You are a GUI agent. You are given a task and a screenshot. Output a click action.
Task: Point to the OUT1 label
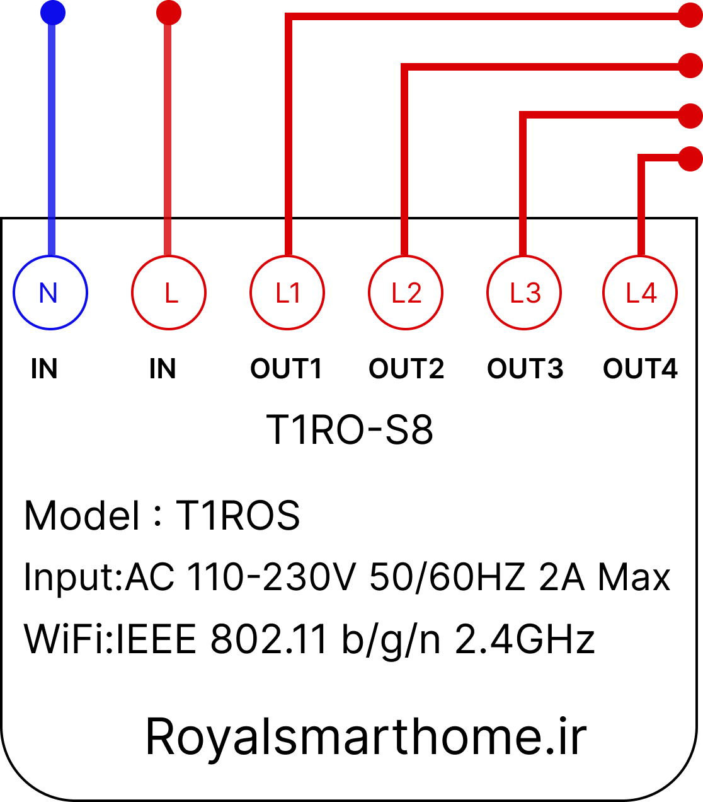pos(286,369)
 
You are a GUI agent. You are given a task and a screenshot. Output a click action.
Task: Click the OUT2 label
pos(406,369)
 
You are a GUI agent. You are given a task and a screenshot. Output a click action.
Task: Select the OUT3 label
pos(525,369)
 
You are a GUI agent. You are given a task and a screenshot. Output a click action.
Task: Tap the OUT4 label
pos(641,369)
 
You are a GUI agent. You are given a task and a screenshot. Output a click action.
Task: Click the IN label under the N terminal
pos(44,369)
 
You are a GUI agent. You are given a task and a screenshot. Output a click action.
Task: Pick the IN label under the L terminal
pos(163,369)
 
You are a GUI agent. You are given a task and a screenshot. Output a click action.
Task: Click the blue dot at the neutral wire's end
pos(53,13)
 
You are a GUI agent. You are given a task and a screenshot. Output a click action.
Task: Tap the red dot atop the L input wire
pos(169,13)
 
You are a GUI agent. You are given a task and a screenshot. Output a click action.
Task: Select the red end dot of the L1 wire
pos(690,15)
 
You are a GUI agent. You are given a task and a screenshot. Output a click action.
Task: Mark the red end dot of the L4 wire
pos(690,159)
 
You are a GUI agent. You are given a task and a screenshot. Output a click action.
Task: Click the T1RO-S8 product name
pos(350,430)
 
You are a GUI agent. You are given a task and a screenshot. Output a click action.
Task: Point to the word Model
pos(81,516)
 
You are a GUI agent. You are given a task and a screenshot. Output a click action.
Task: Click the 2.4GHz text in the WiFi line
pos(525,639)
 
